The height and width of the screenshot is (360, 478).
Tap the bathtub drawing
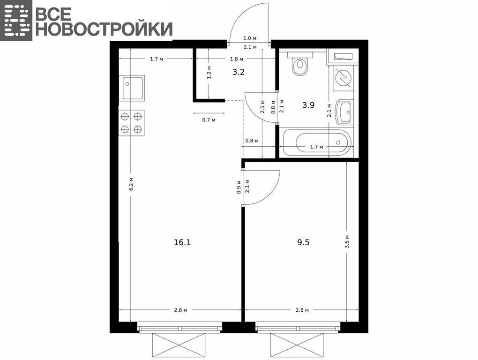click(317, 142)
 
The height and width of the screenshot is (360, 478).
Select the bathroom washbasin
click(344, 112)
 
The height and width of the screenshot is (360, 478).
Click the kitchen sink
click(133, 88)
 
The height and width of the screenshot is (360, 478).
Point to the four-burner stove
click(131, 123)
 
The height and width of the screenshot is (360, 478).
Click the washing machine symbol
click(343, 78)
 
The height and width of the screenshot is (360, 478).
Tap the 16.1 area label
click(182, 242)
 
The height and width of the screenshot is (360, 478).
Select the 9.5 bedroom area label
click(303, 242)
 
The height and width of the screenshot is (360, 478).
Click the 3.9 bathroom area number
click(308, 105)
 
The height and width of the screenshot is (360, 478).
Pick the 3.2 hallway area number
click(239, 72)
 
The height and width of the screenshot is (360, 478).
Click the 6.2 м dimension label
click(131, 184)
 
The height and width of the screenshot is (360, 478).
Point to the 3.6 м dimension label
click(347, 242)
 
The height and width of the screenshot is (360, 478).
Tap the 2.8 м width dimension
click(181, 310)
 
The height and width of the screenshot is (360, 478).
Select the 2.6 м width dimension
click(302, 310)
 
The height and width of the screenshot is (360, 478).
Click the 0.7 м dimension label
click(209, 120)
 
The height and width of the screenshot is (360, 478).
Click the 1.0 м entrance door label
click(250, 38)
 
